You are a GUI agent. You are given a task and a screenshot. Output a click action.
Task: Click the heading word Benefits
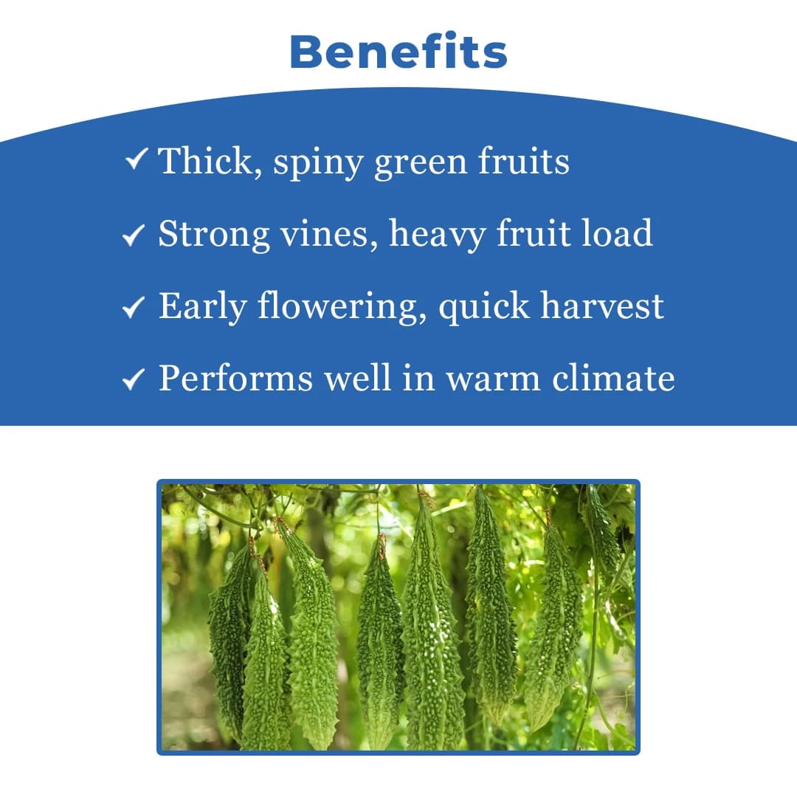398,52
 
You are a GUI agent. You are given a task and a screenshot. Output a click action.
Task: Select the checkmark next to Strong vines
134,235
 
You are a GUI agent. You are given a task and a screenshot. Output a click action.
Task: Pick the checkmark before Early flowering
134,307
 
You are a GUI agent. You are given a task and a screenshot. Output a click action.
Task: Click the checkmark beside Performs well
134,379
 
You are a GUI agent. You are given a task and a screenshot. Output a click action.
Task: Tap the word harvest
602,306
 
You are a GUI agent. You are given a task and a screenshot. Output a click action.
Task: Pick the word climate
613,378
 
